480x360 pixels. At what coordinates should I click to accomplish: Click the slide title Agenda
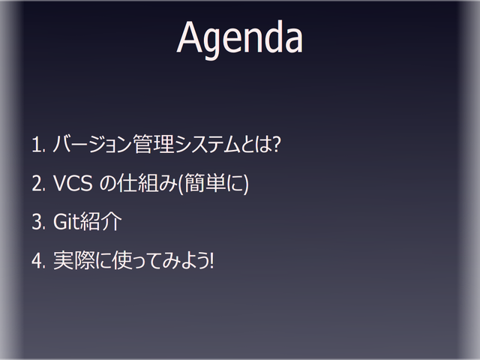(x=239, y=37)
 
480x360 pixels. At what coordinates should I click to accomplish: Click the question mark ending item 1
(x=276, y=144)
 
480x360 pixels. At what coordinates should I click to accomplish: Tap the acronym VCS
(x=73, y=184)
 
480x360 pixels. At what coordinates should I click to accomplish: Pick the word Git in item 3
(x=67, y=223)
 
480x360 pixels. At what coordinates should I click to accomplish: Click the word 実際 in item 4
(x=72, y=262)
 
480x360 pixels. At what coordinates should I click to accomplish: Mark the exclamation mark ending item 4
(x=212, y=262)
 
